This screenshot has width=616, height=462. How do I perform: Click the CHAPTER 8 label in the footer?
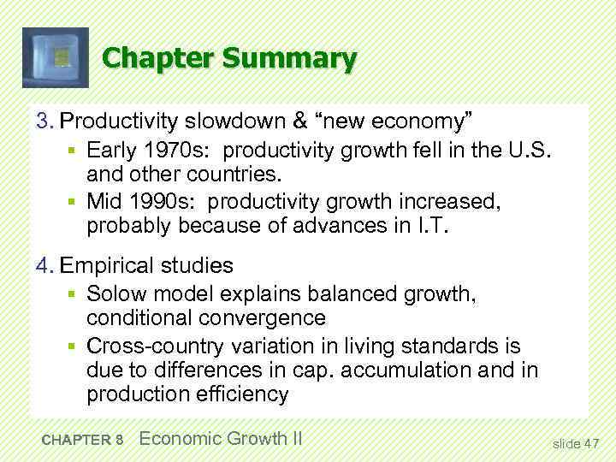pyautogui.click(x=82, y=440)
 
